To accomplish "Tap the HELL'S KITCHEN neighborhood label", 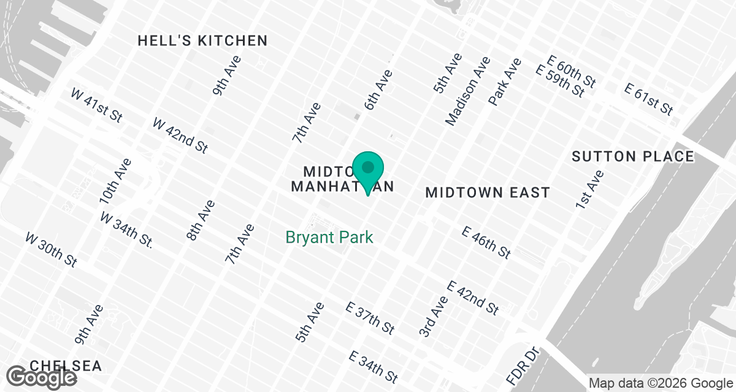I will pyautogui.click(x=202, y=41).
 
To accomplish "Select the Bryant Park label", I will pyautogui.click(x=330, y=237).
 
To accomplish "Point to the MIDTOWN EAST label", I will pyautogui.click(x=488, y=193).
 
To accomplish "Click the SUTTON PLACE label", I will pyautogui.click(x=632, y=157).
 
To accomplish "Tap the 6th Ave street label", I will pyautogui.click(x=378, y=90).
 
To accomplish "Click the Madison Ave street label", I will pyautogui.click(x=468, y=91).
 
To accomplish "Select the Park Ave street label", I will pyautogui.click(x=505, y=81).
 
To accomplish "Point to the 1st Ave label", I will pyautogui.click(x=590, y=189).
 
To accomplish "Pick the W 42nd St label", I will pyautogui.click(x=180, y=135).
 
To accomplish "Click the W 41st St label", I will pyautogui.click(x=96, y=105).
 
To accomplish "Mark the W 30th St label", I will pyautogui.click(x=51, y=249).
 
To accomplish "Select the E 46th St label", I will pyautogui.click(x=486, y=243).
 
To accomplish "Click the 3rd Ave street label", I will pyautogui.click(x=434, y=316).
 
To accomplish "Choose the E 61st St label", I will pyautogui.click(x=649, y=99).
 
